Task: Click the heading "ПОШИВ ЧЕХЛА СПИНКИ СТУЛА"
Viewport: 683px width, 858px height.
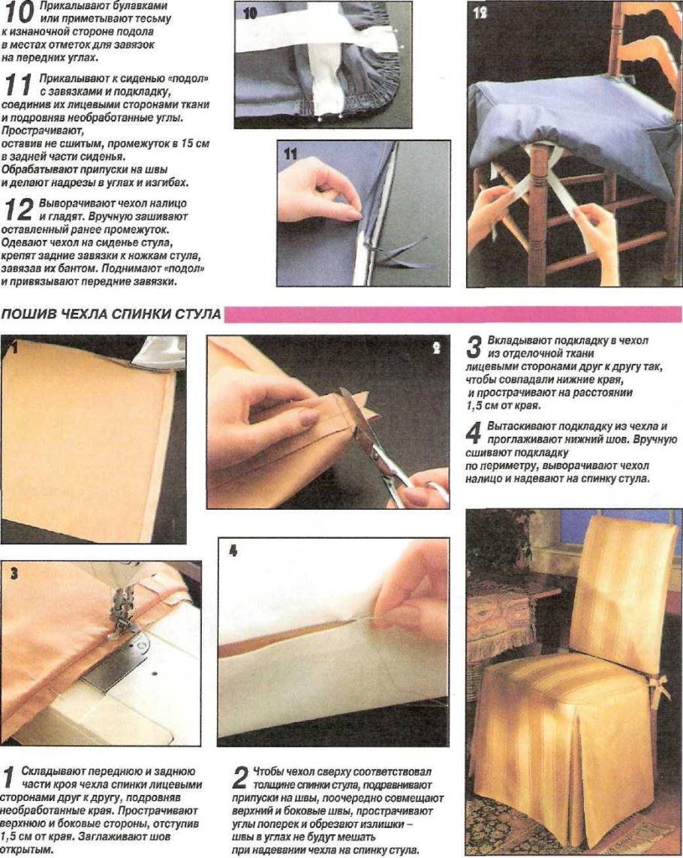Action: tap(110, 314)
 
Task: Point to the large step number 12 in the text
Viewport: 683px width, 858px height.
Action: tap(16, 208)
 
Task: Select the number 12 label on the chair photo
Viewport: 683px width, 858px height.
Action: tap(480, 13)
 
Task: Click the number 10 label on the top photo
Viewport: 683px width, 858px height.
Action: tap(251, 14)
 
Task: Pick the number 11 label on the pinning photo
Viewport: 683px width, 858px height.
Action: tap(290, 153)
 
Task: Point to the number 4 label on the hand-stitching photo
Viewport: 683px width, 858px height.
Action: tap(233, 550)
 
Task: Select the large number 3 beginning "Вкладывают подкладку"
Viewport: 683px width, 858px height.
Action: tap(474, 347)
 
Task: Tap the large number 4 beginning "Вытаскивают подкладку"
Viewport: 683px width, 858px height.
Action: tap(474, 432)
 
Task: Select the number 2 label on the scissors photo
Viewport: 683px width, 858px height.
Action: tap(436, 349)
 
